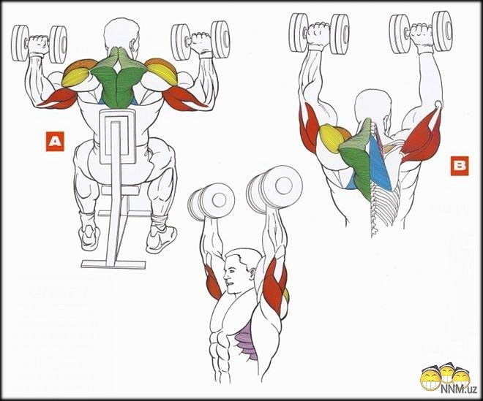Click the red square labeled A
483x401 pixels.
[x=55, y=142]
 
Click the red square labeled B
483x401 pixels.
[x=460, y=166]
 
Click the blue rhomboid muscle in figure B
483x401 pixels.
[x=380, y=162]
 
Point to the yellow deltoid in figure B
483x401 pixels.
[x=330, y=138]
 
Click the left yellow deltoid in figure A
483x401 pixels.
[x=76, y=77]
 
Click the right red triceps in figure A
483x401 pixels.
[x=185, y=99]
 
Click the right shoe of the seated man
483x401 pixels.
[x=161, y=239]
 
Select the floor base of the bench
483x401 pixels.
[x=113, y=264]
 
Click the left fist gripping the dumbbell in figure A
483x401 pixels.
[x=39, y=45]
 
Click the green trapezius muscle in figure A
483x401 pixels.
[x=118, y=78]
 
